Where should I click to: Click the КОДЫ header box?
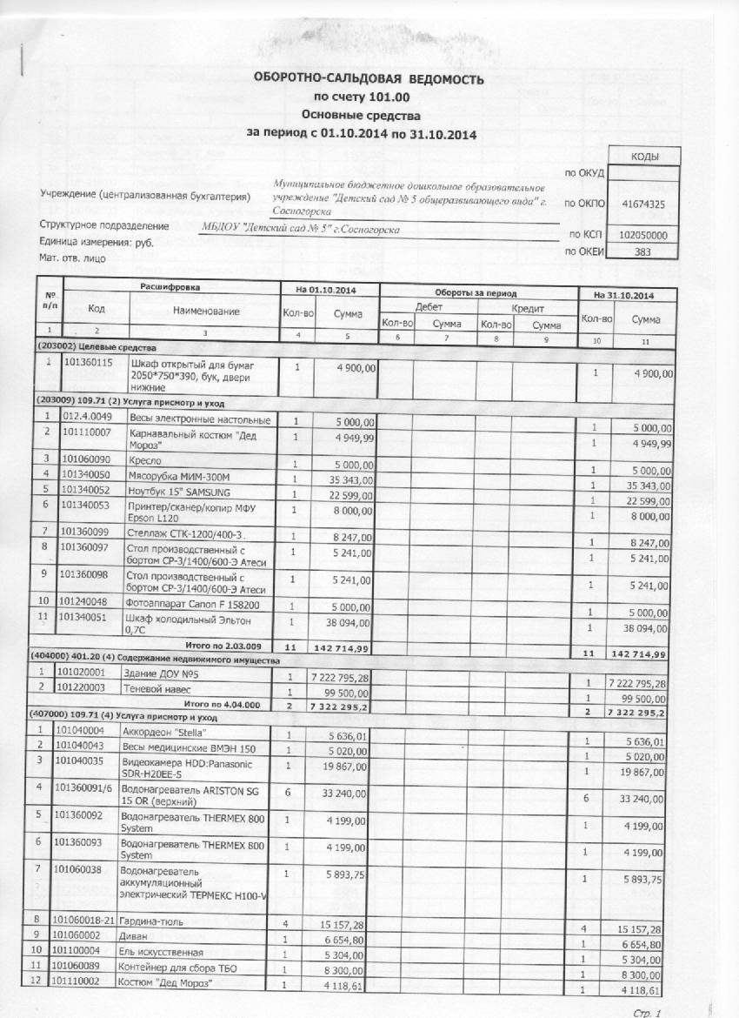click(x=643, y=156)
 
